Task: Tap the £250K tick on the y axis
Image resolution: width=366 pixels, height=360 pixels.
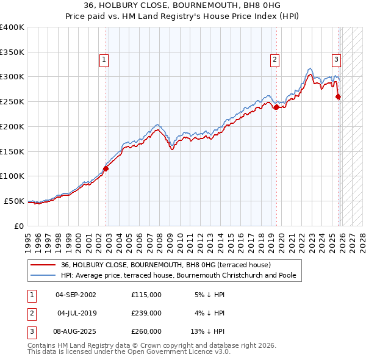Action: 12,101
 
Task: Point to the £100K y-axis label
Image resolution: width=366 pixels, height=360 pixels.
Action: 12,176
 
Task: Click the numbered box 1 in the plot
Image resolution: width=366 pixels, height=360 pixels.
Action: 105,60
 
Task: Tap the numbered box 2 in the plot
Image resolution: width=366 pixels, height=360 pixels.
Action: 275,60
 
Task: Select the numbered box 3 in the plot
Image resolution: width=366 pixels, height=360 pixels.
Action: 335,60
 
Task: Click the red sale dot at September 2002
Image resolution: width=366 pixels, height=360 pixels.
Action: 106,168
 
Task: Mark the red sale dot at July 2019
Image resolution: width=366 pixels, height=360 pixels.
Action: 276,107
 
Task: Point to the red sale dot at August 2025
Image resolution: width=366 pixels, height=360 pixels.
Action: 339,96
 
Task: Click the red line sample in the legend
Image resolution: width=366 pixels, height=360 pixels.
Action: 43,265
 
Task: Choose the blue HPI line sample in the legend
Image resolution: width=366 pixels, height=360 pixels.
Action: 43,275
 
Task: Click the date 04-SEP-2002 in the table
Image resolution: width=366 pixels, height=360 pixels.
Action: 76,295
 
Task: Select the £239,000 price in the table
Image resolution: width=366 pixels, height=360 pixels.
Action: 146,313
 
